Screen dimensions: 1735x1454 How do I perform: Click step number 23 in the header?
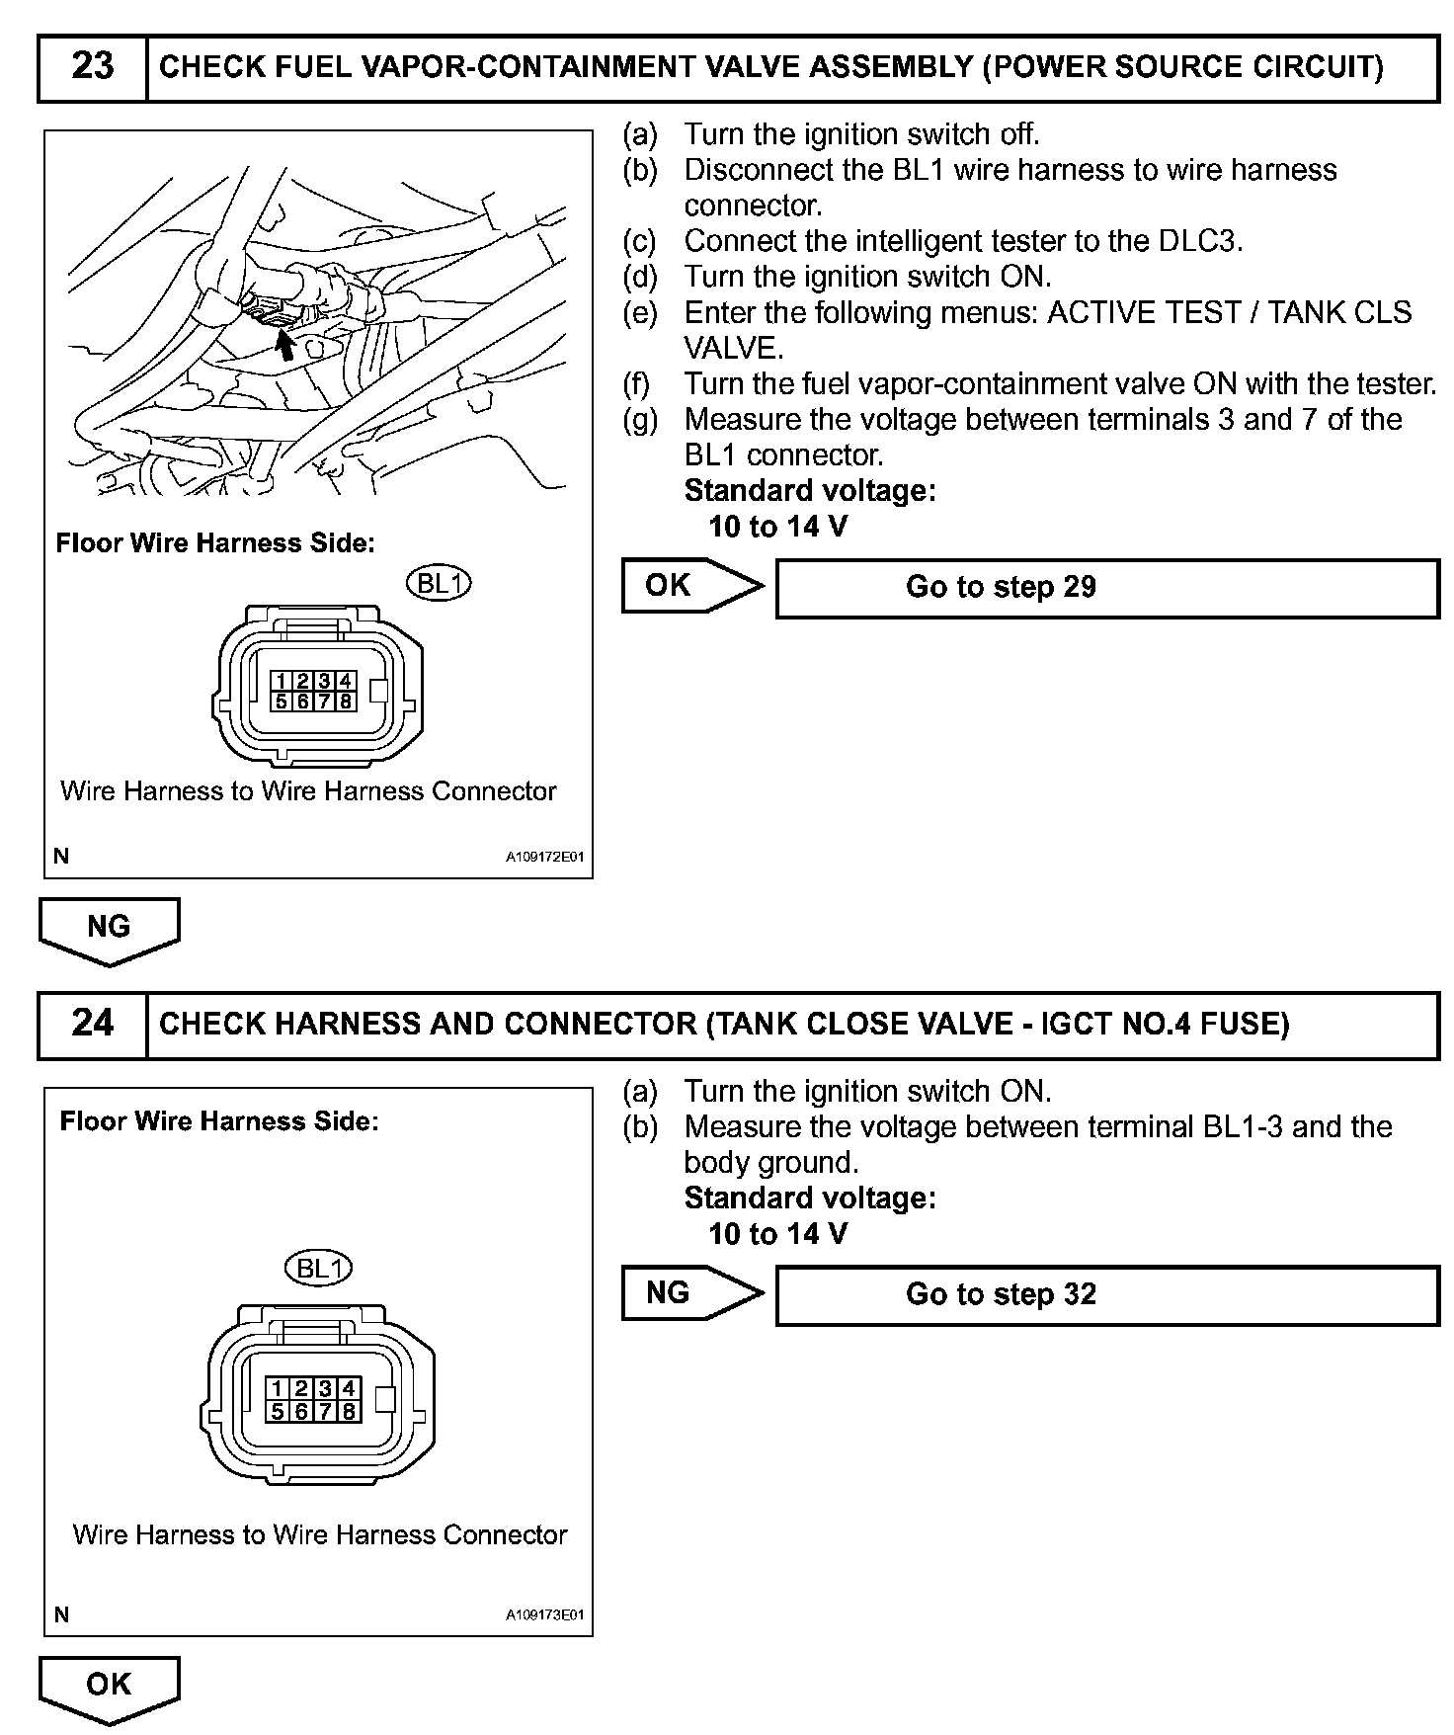tap(92, 67)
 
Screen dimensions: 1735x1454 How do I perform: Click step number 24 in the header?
tap(92, 1023)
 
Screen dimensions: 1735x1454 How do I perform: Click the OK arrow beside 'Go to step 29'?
tap(690, 586)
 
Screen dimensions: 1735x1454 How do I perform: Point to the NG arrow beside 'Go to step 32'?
tap(690, 1293)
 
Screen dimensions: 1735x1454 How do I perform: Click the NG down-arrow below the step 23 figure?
tap(109, 929)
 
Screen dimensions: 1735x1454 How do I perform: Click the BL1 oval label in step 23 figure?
tap(440, 584)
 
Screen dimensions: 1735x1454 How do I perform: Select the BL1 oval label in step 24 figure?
tap(318, 1269)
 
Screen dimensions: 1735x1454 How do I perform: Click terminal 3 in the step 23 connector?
tap(324, 681)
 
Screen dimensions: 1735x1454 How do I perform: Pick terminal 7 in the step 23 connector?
tap(324, 702)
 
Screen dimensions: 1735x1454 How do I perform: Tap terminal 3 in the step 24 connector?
tap(325, 1389)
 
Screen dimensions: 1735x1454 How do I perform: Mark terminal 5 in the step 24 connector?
tap(280, 1411)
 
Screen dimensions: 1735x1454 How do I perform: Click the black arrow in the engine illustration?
tap(284, 344)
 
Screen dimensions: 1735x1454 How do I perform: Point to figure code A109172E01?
tap(544, 857)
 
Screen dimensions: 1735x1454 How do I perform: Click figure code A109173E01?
tap(544, 1615)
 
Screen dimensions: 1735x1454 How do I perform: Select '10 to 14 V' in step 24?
tap(777, 1234)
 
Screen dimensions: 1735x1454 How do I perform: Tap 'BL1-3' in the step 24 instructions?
tap(1243, 1127)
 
